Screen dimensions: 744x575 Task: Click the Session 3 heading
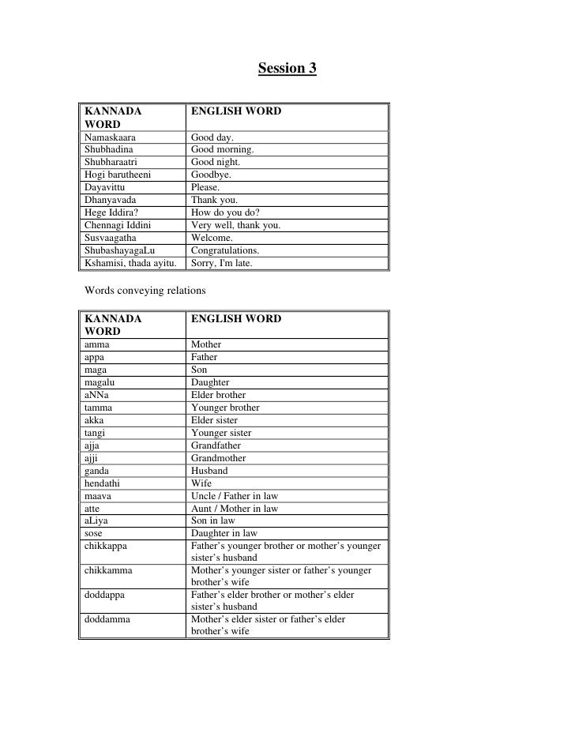[x=287, y=69]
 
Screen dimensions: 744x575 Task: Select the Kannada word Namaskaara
[x=110, y=137]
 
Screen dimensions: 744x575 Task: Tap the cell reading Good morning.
[x=223, y=150]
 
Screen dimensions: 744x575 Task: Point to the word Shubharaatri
[x=111, y=163]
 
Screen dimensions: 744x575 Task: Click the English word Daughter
[x=210, y=382]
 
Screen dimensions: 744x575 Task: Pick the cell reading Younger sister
[x=221, y=433]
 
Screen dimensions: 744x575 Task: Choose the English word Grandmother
[x=219, y=458]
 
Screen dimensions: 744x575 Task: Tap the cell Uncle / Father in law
[x=235, y=496]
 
